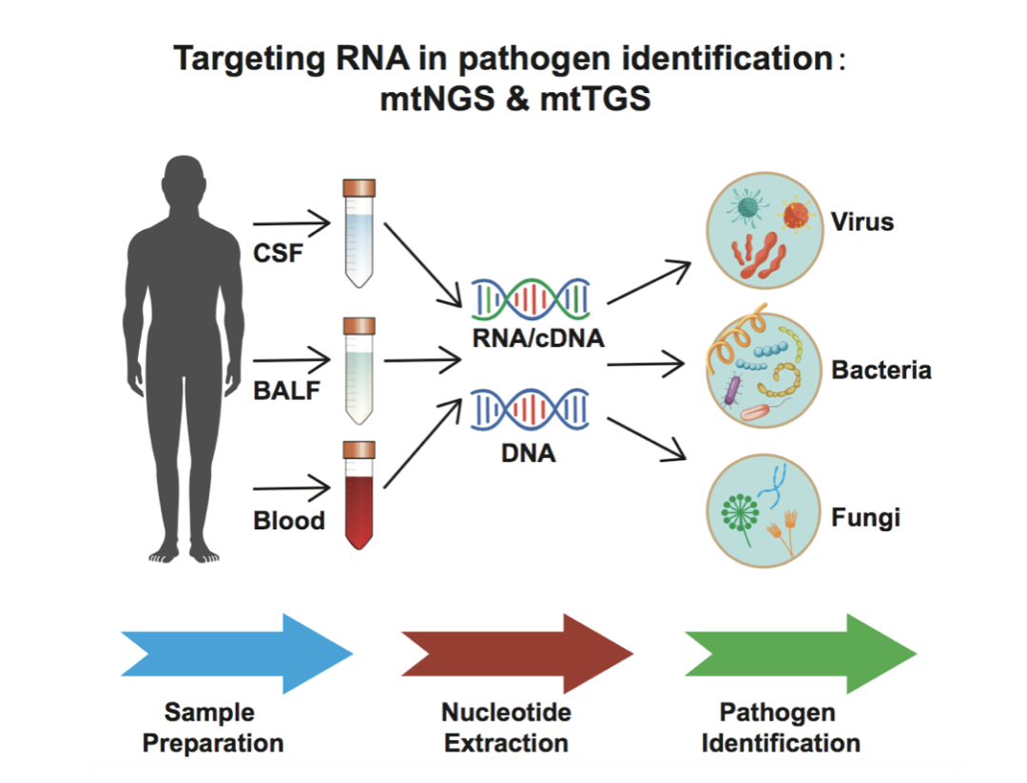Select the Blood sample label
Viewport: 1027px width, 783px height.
289,521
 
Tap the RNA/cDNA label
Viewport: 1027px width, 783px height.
538,336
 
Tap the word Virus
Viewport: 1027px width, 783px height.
862,222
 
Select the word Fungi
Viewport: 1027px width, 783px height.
865,519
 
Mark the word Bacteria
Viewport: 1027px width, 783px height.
882,370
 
